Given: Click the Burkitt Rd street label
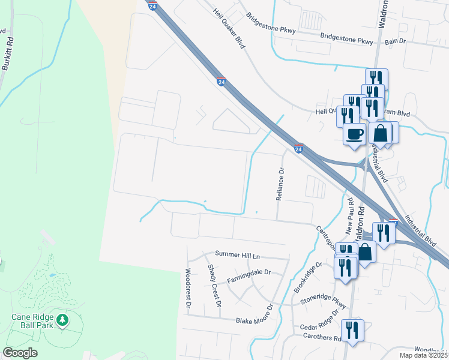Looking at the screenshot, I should coord(8,53).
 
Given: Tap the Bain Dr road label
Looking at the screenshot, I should coord(396,41).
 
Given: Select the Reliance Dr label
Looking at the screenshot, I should coord(280,184).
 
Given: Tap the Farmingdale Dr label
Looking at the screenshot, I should coord(249,276).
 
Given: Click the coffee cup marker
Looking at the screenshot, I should coord(354,133).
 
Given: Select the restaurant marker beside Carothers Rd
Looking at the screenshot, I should coord(352,329).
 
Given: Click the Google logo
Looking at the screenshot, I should coord(20,353).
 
